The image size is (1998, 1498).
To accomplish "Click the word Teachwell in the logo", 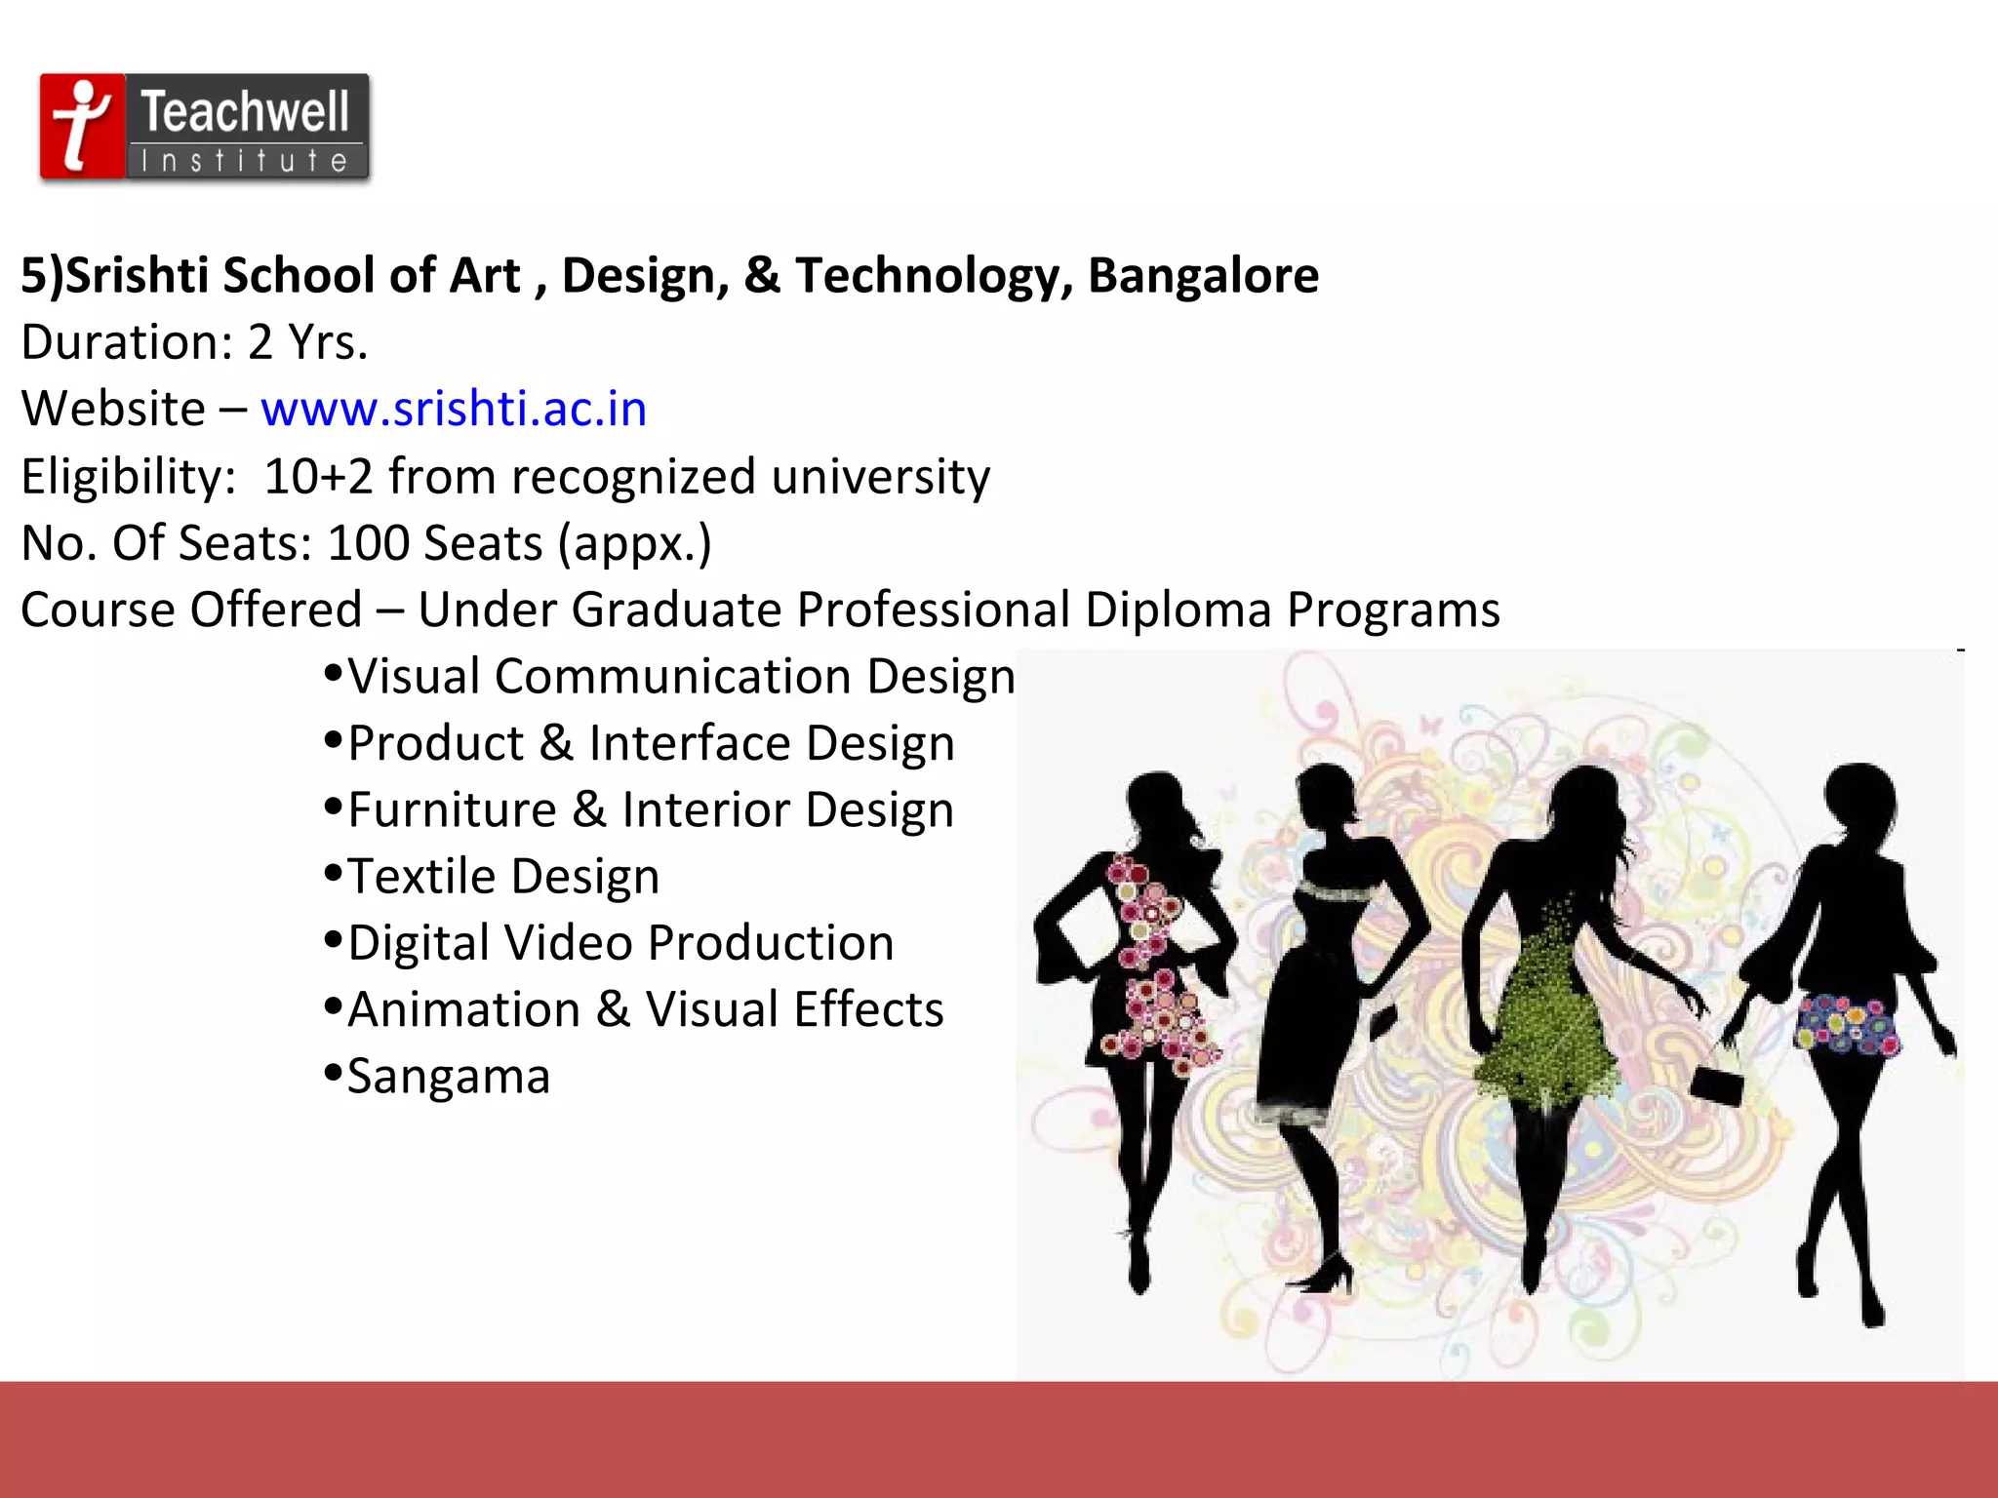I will (245, 111).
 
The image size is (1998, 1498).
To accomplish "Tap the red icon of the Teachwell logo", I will (82, 126).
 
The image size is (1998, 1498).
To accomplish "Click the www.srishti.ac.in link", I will (454, 409).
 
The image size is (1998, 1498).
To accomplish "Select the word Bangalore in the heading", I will (1203, 275).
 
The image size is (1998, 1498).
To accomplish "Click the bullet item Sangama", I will (449, 1077).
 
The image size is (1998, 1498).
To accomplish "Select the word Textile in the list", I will (422, 876).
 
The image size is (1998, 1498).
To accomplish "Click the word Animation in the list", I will (464, 1009).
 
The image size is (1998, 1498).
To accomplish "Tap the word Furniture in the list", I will (452, 810).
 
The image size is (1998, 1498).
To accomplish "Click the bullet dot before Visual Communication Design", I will (333, 673).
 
